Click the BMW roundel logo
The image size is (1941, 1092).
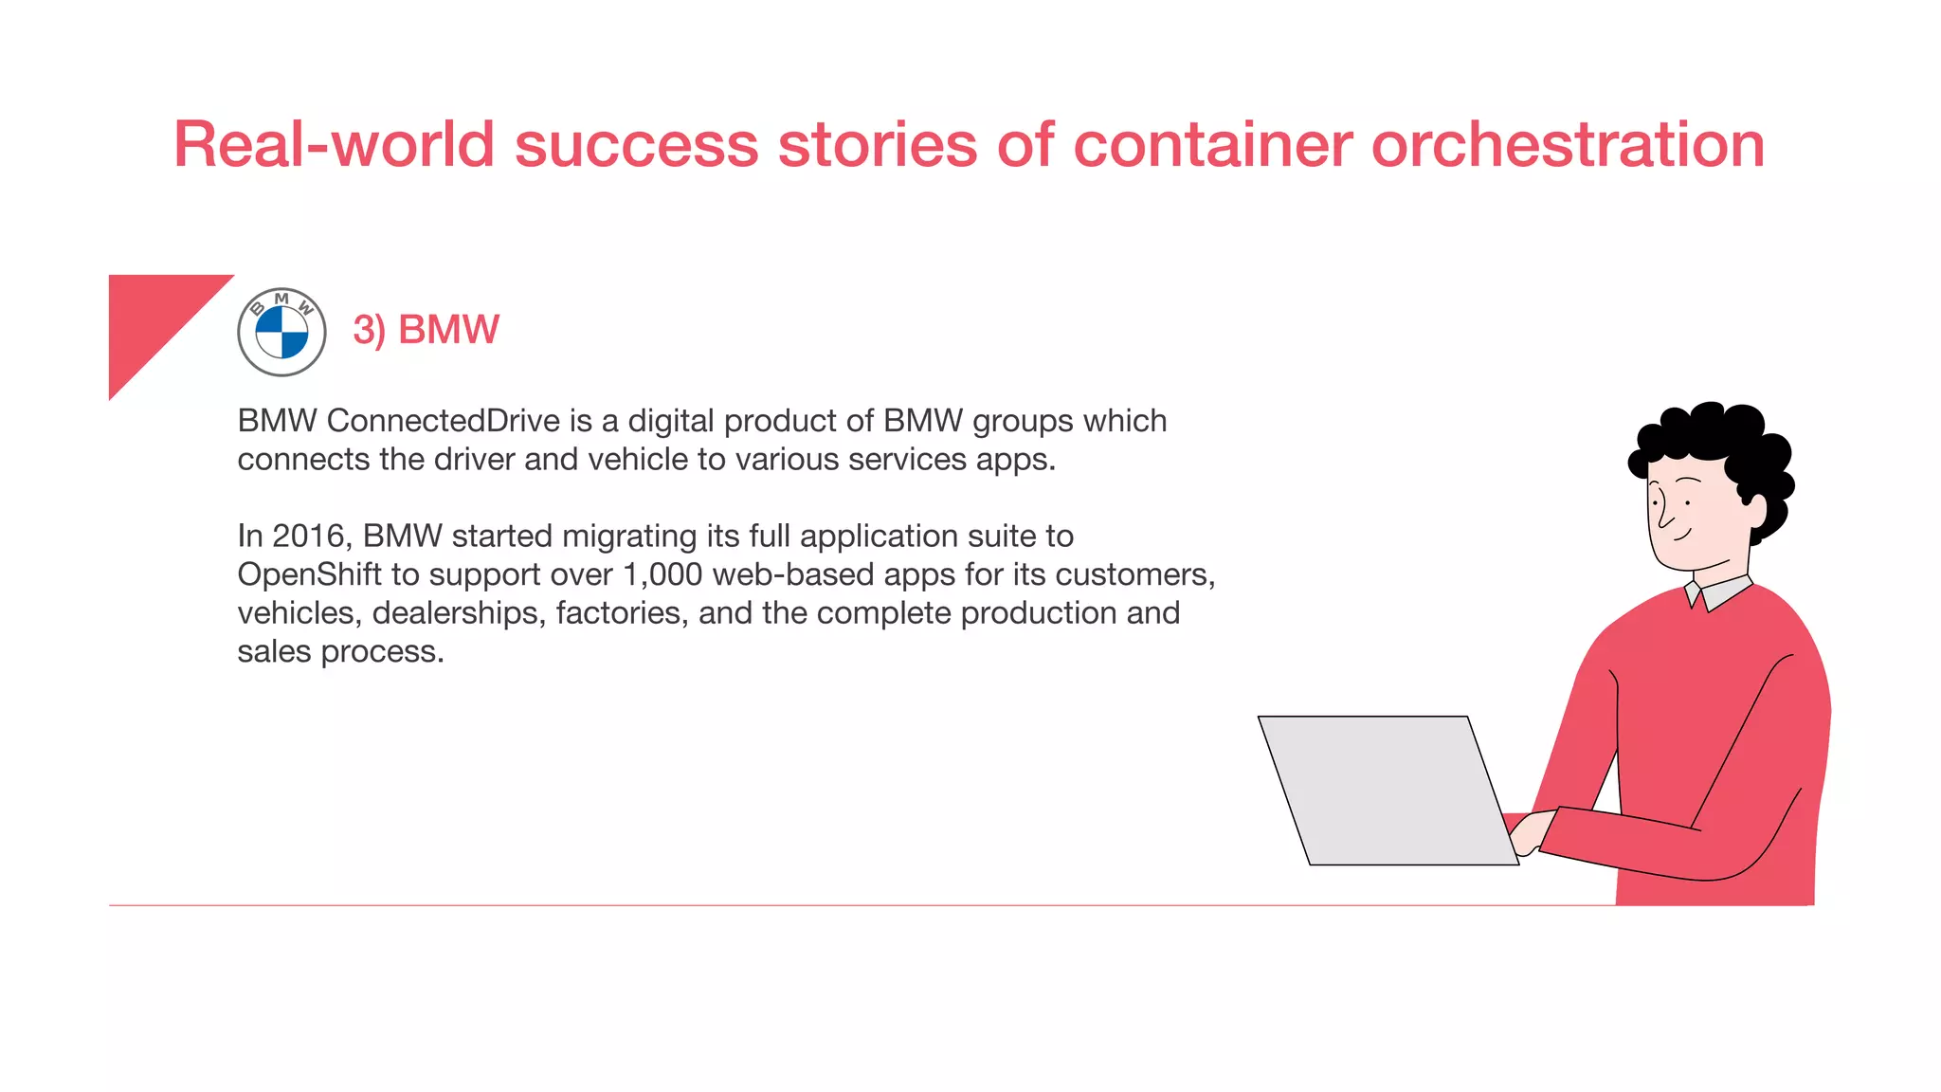pos(281,332)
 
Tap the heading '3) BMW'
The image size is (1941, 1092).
pos(426,330)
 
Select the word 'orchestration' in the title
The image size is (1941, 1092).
pos(1568,145)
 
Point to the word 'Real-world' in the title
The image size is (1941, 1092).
pos(334,145)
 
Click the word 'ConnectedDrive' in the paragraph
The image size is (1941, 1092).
pos(443,421)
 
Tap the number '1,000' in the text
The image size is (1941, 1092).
pos(662,574)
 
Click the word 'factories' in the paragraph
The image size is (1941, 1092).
pos(622,613)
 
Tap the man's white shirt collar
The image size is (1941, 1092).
pos(1719,592)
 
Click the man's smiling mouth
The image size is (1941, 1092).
pos(1681,535)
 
